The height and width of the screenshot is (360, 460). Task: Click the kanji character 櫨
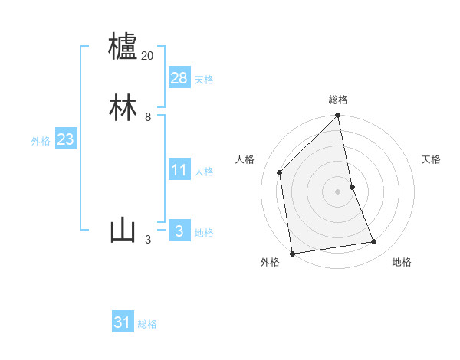(123, 47)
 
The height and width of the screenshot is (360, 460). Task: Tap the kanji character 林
(123, 108)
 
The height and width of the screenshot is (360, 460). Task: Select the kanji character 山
(123, 231)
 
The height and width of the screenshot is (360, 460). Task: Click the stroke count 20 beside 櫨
(147, 56)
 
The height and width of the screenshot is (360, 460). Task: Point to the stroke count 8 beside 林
(147, 117)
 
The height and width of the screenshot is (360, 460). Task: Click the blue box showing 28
(179, 77)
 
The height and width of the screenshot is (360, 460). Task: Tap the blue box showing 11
(179, 169)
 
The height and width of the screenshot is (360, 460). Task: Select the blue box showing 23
(65, 139)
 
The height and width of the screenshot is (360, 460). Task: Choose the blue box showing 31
(123, 322)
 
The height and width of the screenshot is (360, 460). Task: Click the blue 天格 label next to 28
(204, 79)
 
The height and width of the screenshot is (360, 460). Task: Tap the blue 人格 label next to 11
(204, 171)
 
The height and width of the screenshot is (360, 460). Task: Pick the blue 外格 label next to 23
(41, 141)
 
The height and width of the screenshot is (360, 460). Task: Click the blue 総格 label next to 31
(147, 324)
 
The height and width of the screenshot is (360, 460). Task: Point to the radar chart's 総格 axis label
(338, 100)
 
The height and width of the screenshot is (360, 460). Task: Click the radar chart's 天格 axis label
(432, 159)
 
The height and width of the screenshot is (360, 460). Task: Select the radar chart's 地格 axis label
(402, 262)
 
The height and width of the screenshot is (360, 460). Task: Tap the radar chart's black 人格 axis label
(245, 159)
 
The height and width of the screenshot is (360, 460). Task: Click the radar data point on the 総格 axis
(338, 116)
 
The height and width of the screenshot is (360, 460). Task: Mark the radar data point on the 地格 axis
(374, 242)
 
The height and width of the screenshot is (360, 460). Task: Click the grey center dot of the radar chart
(338, 191)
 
